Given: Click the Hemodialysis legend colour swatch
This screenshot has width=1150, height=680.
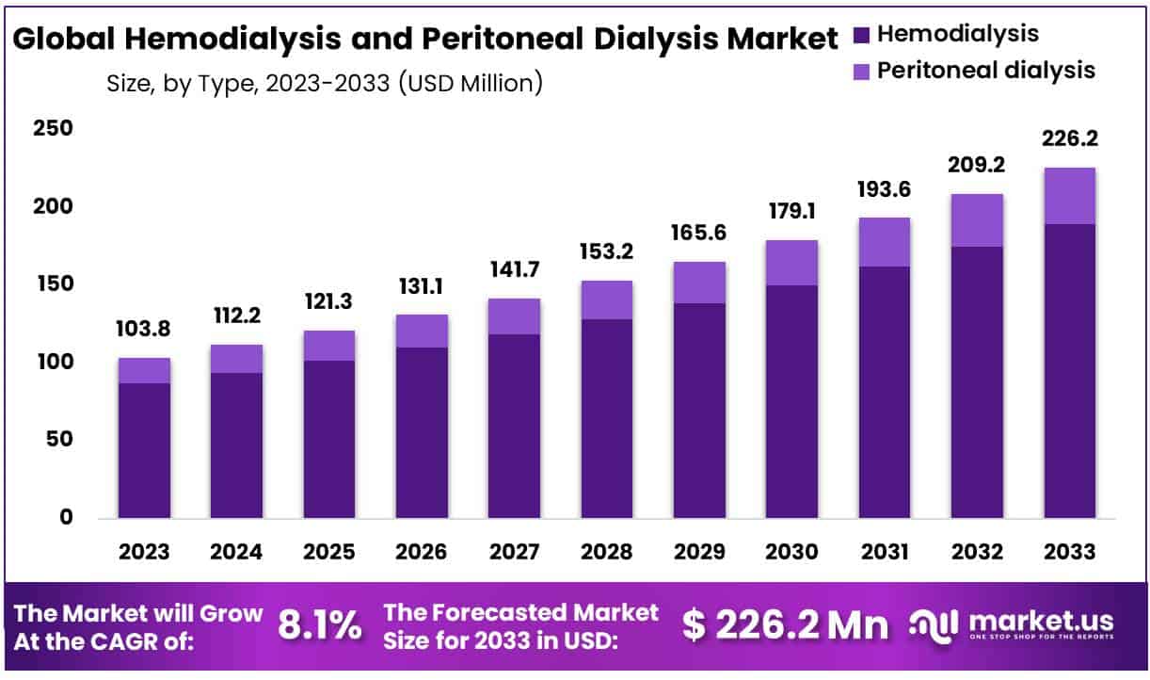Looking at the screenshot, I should pos(861,36).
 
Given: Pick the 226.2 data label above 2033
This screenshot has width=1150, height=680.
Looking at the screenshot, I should pos(1070,139).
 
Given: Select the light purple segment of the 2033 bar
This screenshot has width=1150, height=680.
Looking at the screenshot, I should pos(1070,196).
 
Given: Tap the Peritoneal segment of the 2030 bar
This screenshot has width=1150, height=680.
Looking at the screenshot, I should pos(791,263).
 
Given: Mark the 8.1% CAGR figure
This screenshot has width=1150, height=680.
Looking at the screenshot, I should pos(320,624).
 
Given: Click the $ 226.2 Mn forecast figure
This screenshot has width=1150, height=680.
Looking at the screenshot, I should pos(785,624).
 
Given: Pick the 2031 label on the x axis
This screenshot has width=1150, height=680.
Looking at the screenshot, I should pos(884,551).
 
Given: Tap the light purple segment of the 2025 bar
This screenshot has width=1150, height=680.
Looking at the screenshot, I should pos(329,346).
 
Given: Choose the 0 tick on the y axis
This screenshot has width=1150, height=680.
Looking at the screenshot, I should pos(65,517).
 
